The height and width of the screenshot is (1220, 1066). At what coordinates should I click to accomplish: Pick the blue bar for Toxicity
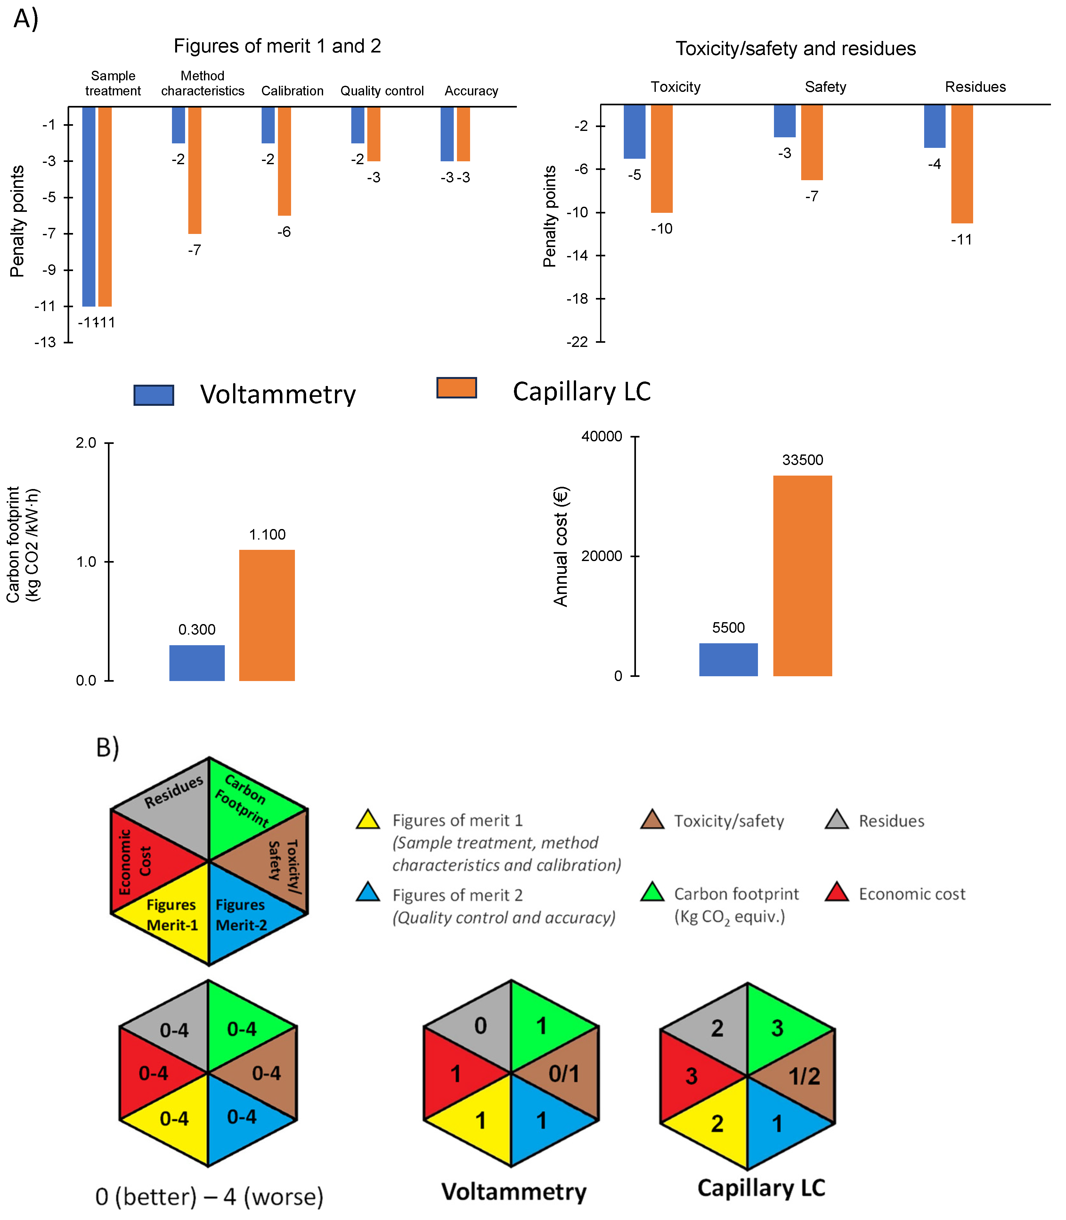tap(634, 132)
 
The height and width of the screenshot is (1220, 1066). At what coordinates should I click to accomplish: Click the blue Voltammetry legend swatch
tap(153, 395)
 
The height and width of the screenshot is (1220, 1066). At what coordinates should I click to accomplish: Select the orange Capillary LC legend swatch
tap(456, 388)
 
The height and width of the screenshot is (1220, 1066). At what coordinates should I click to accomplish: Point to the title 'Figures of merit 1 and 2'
tap(277, 46)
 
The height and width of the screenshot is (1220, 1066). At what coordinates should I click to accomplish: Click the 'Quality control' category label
tap(382, 91)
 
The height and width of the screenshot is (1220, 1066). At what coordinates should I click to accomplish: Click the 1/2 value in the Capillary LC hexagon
tap(804, 1076)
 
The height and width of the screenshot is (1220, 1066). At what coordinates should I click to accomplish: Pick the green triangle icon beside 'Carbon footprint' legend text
tap(652, 892)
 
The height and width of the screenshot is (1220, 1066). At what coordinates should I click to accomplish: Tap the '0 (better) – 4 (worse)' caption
tap(209, 1196)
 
